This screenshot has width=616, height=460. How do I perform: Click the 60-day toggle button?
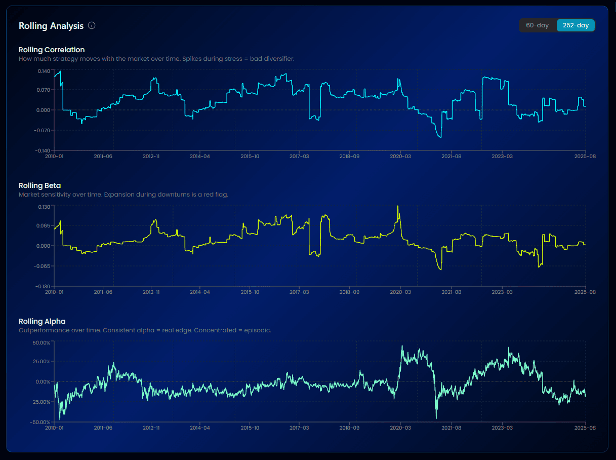pos(538,25)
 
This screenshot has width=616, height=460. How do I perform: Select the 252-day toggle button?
pos(576,25)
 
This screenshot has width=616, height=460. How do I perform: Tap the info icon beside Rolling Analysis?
pos(92,25)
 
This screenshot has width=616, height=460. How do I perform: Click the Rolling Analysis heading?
pos(51,25)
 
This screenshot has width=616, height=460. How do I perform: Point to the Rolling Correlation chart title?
pos(52,50)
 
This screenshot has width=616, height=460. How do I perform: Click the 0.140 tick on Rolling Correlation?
pos(44,70)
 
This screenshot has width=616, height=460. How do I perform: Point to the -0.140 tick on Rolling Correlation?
pos(43,150)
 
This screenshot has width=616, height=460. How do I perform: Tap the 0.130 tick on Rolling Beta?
pos(44,206)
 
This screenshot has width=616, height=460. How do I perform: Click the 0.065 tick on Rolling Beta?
pos(44,225)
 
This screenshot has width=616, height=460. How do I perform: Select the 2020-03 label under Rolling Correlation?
pos(400,157)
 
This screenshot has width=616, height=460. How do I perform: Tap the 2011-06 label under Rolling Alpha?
pos(103,428)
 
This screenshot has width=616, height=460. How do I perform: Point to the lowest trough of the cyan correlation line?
pos(441,137)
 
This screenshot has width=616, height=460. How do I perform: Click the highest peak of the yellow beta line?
pos(398,206)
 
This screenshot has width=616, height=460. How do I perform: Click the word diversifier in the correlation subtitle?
pos(280,59)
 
